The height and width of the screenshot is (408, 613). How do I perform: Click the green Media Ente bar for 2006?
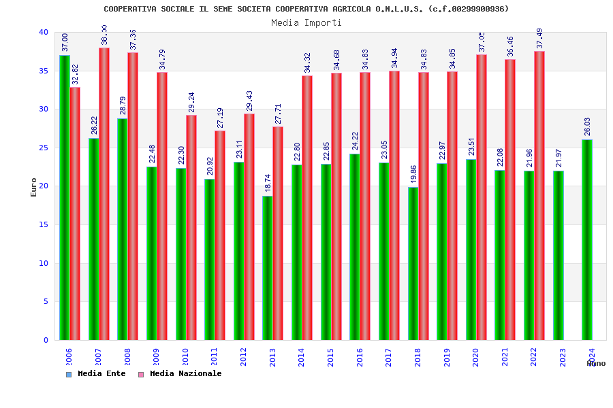tap(64, 197)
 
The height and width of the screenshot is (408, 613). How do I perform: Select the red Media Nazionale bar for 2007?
tap(104, 194)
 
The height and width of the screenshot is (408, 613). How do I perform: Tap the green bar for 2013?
tap(267, 268)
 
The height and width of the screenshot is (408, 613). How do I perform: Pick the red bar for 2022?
tap(539, 195)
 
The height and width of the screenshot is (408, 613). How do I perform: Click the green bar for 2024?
tap(587, 239)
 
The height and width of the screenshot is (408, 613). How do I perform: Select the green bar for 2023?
tap(558, 255)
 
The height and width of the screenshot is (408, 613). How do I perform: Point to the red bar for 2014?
tap(307, 207)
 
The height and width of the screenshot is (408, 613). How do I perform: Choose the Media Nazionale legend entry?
tap(185, 374)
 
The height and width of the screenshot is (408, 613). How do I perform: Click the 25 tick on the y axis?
tap(44, 148)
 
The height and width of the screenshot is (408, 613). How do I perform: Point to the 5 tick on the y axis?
tap(46, 302)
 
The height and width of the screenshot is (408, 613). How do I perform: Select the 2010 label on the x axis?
tap(185, 357)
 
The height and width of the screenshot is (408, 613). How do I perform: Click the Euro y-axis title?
tap(34, 187)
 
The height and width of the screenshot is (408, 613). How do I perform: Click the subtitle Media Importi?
tap(306, 22)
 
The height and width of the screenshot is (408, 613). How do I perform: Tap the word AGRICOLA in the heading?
tap(348, 9)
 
